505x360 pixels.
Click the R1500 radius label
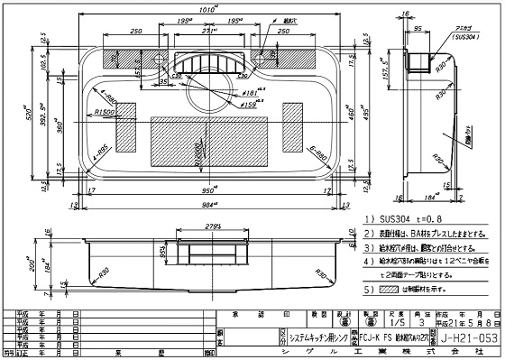click(x=108, y=112)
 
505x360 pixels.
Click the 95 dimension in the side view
click(x=419, y=29)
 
